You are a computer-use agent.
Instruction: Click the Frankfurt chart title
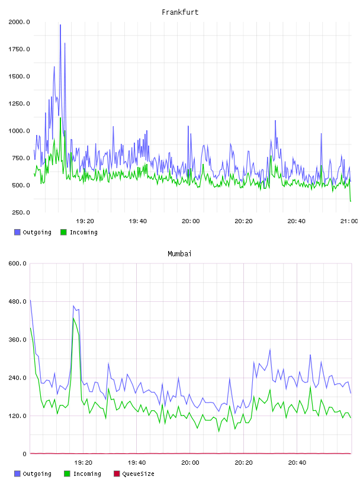[x=180, y=12]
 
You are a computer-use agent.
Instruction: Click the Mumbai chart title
[x=179, y=254]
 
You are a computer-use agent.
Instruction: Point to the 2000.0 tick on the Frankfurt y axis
[x=19, y=22]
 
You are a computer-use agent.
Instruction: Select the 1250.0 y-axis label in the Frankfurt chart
[x=19, y=104]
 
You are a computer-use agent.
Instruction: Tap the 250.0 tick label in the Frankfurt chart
[x=21, y=212]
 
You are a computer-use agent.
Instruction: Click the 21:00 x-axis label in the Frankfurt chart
[x=349, y=221]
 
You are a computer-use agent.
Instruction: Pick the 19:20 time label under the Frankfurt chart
[x=85, y=221]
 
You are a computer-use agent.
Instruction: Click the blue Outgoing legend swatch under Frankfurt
[x=17, y=232]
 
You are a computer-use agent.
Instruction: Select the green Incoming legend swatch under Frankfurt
[x=63, y=232]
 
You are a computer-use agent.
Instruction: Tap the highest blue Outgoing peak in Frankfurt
[x=60, y=25]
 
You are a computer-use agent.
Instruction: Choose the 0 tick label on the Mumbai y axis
[x=25, y=454]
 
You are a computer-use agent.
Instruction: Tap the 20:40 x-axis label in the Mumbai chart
[x=297, y=463]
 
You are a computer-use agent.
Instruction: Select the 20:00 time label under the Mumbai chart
[x=190, y=463]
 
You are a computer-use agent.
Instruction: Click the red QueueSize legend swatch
[x=117, y=474]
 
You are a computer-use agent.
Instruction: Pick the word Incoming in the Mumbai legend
[x=87, y=474]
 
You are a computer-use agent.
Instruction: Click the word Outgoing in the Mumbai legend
[x=37, y=474]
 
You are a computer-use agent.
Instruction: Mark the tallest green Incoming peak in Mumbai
[x=73, y=318]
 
